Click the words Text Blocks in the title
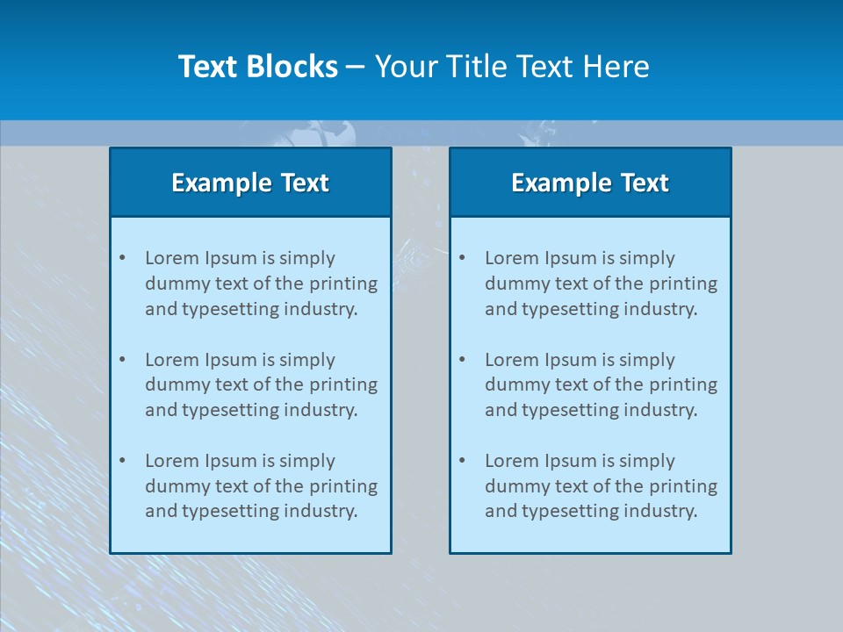point(257,67)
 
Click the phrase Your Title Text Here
point(512,67)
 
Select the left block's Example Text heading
point(250,183)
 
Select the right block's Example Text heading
point(590,183)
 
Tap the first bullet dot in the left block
point(122,258)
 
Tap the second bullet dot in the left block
point(122,360)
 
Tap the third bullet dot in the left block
point(122,461)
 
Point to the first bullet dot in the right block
point(462,258)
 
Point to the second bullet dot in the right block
point(462,360)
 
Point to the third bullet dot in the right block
point(462,461)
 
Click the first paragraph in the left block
point(261,284)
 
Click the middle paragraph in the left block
point(261,384)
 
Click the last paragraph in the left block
point(261,486)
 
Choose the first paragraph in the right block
point(601,284)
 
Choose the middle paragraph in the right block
point(601,384)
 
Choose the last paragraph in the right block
point(601,486)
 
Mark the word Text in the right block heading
point(645,183)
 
